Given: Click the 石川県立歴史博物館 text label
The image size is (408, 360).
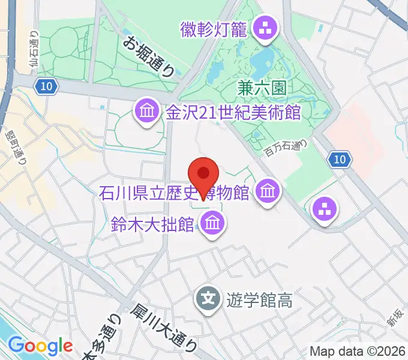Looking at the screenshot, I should [x=174, y=194].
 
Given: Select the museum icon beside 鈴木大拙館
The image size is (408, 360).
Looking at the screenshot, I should [x=211, y=224].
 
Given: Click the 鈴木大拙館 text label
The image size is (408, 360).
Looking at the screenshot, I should [x=152, y=225].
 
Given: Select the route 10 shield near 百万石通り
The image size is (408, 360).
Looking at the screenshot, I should [x=339, y=159].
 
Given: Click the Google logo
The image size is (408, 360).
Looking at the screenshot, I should [x=40, y=346].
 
